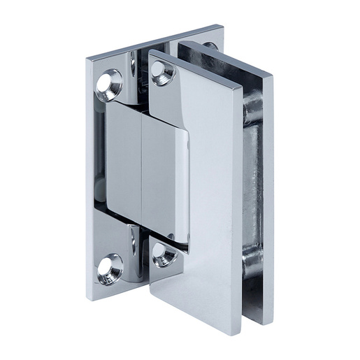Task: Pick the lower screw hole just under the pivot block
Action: tap(163, 254)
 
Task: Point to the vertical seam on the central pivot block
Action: tap(141, 175)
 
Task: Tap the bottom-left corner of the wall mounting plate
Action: tap(89, 297)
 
